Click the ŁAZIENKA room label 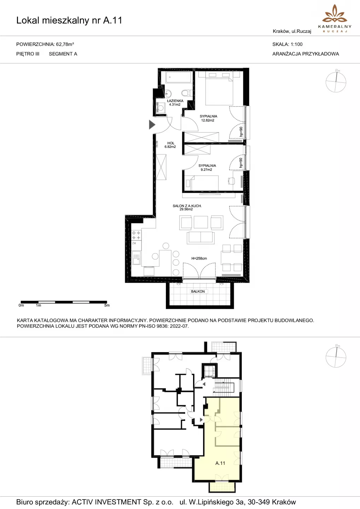[175, 101]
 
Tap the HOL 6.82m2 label [170, 145]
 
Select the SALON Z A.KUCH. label [187, 206]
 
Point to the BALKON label [198, 291]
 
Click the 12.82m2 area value [208, 121]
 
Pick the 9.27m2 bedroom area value [207, 170]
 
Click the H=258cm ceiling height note [199, 258]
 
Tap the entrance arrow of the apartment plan [152, 124]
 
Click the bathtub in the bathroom [179, 77]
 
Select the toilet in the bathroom [186, 93]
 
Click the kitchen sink [137, 258]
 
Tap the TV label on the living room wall [220, 194]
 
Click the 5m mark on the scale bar [107, 305]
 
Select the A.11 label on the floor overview [220, 463]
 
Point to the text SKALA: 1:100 [288, 44]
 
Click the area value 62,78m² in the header [65, 44]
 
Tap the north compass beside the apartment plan [336, 81]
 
